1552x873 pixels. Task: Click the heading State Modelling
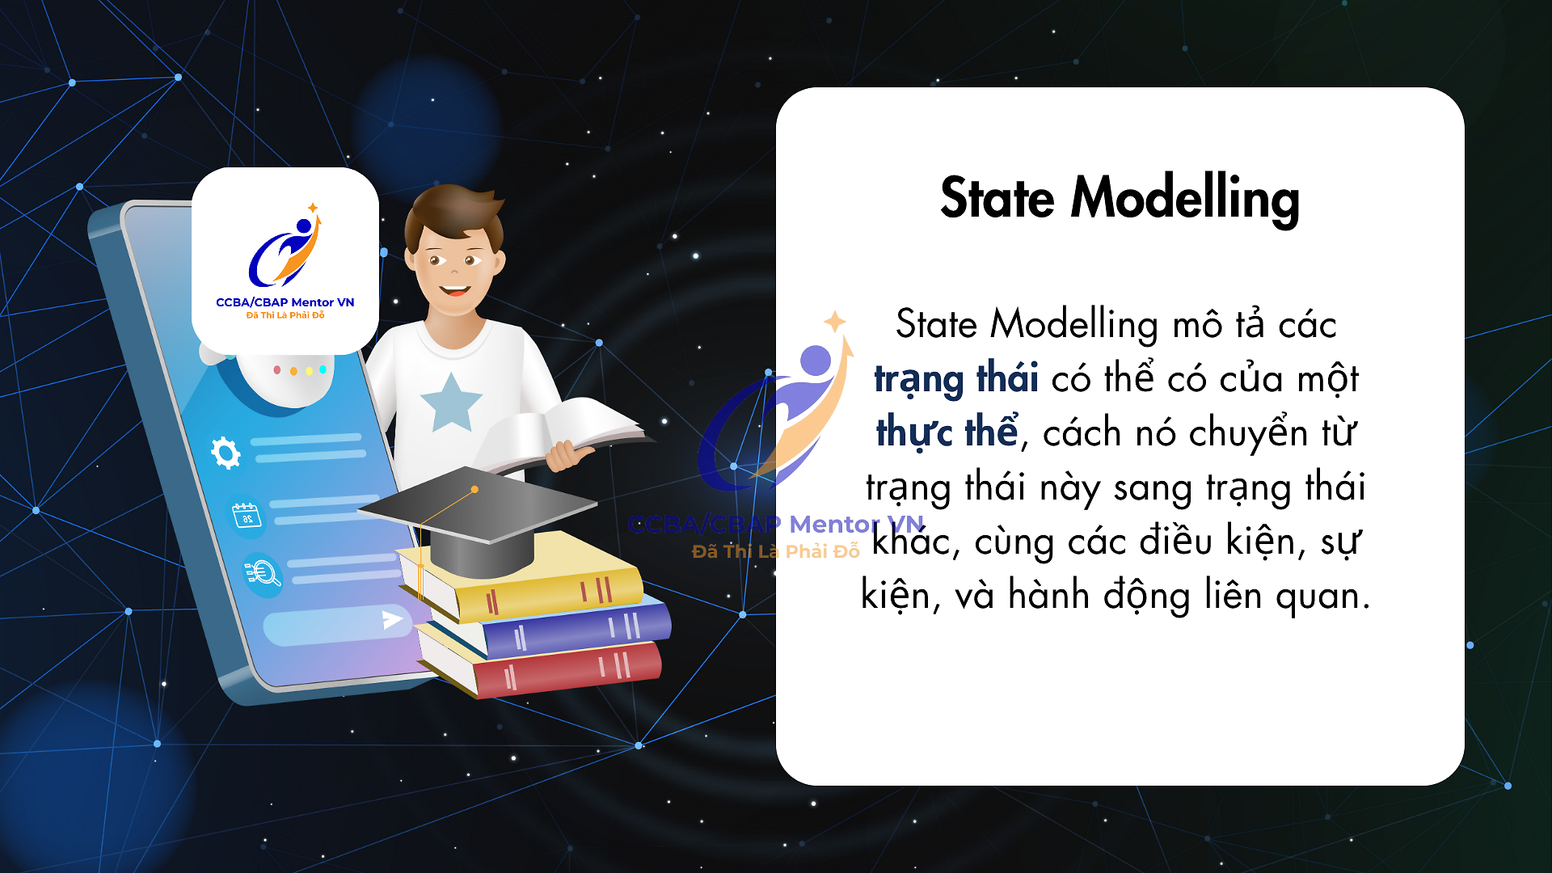1120,199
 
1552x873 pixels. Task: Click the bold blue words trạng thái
956,378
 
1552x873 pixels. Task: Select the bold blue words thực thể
947,432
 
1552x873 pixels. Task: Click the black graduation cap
479,517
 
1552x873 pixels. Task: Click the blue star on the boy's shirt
450,403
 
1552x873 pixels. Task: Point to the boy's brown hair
453,212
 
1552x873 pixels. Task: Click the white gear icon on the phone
226,453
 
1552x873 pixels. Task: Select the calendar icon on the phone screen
247,515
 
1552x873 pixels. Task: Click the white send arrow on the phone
392,620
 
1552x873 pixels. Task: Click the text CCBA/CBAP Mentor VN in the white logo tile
285,302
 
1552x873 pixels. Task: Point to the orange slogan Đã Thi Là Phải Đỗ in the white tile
285,315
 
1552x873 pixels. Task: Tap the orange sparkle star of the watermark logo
835,322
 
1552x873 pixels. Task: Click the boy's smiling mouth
454,289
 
